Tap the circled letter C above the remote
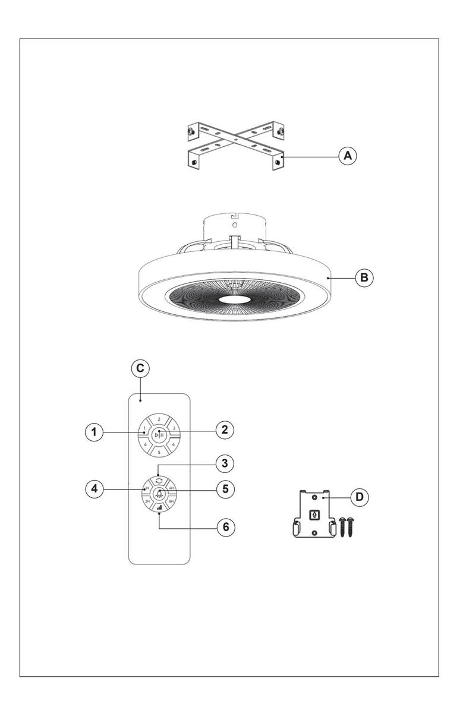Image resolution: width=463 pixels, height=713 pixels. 140,368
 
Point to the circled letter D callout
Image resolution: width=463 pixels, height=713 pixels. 359,497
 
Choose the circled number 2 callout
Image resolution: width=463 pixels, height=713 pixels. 225,430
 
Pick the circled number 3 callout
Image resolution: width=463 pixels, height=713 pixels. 225,462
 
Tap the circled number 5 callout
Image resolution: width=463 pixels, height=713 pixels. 225,489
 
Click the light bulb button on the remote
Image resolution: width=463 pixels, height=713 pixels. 159,492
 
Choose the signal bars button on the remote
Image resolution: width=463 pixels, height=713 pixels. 159,508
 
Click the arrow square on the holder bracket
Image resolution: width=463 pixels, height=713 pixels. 314,515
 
